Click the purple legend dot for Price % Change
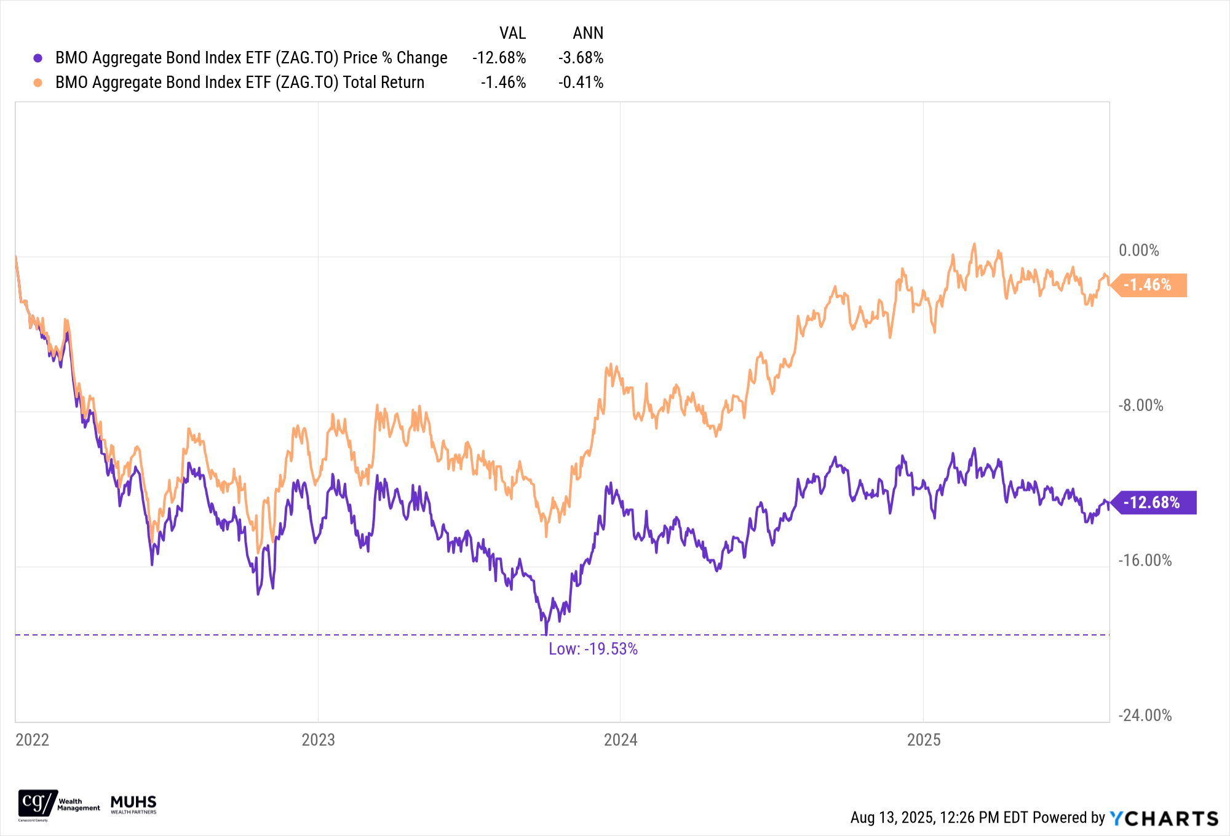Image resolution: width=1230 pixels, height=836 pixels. click(38, 58)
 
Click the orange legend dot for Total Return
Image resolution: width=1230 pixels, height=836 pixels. click(38, 82)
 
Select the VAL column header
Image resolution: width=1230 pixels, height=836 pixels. click(512, 33)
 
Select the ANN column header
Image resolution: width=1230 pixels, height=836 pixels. click(588, 33)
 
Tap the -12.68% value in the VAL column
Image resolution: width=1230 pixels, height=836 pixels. click(499, 58)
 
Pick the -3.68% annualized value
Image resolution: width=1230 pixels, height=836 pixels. click(581, 58)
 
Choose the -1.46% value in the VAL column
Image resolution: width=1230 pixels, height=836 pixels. click(503, 82)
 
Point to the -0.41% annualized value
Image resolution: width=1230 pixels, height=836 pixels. click(581, 82)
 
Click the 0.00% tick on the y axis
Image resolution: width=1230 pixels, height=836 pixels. click(1138, 250)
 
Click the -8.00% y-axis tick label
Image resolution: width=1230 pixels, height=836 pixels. click(1141, 405)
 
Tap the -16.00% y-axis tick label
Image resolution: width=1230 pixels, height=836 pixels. click(1145, 560)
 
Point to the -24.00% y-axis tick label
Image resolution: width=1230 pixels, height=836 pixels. click(1145, 715)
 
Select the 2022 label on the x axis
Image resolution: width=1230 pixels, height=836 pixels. click(32, 739)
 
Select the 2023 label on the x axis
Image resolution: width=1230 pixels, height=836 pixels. click(318, 739)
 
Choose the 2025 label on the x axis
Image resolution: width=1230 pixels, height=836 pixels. click(924, 739)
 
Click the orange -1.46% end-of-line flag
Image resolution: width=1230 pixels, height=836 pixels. click(1148, 285)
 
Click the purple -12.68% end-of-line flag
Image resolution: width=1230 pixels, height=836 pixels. click(1153, 503)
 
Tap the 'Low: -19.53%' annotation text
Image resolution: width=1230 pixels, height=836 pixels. click(593, 649)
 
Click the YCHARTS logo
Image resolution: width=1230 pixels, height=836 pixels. click(1164, 818)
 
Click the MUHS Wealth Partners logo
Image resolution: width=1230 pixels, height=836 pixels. click(133, 804)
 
